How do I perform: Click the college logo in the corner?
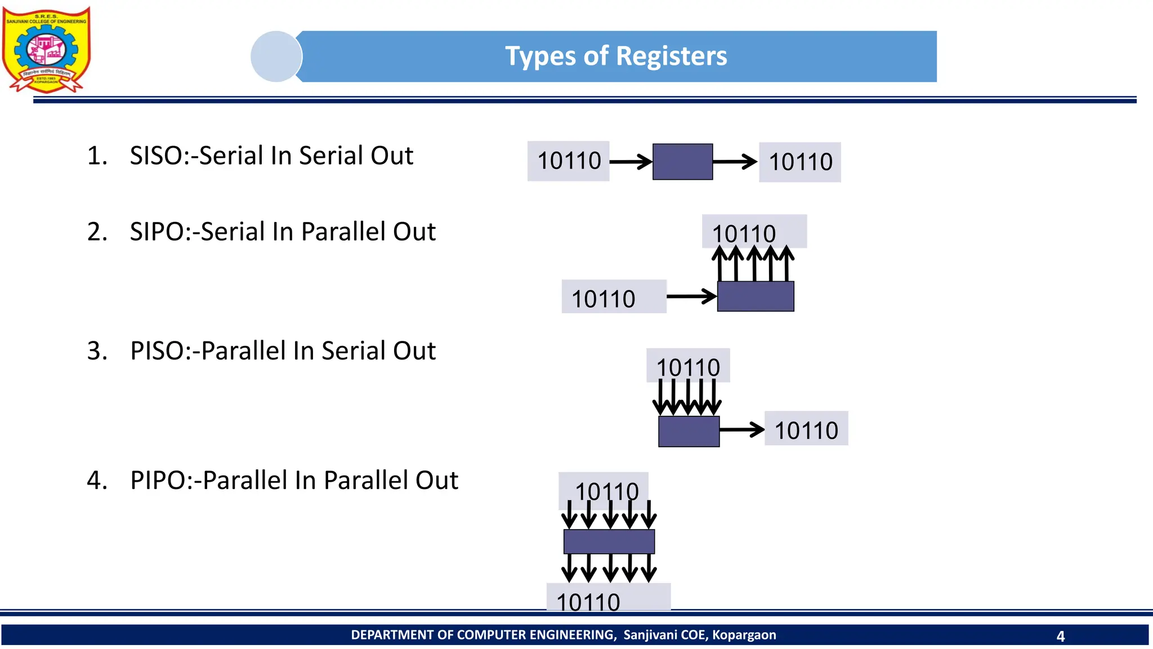point(46,50)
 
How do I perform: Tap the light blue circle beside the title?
point(276,56)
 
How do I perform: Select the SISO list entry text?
point(271,155)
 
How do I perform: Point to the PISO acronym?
point(156,351)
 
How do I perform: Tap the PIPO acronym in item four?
point(157,481)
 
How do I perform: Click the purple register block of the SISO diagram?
point(682,162)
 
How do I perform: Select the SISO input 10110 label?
point(569,161)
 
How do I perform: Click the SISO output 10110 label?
point(800,162)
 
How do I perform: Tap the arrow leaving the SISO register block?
point(735,162)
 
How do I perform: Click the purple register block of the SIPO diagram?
point(756,296)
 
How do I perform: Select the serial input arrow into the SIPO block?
point(691,296)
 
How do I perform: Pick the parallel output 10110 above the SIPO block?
point(744,233)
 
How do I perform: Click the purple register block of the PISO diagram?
point(689,432)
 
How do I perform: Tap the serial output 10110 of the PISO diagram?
point(806,430)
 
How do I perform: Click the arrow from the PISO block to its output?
point(741,430)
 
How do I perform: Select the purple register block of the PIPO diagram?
point(609,541)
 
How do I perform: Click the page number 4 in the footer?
point(1061,636)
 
